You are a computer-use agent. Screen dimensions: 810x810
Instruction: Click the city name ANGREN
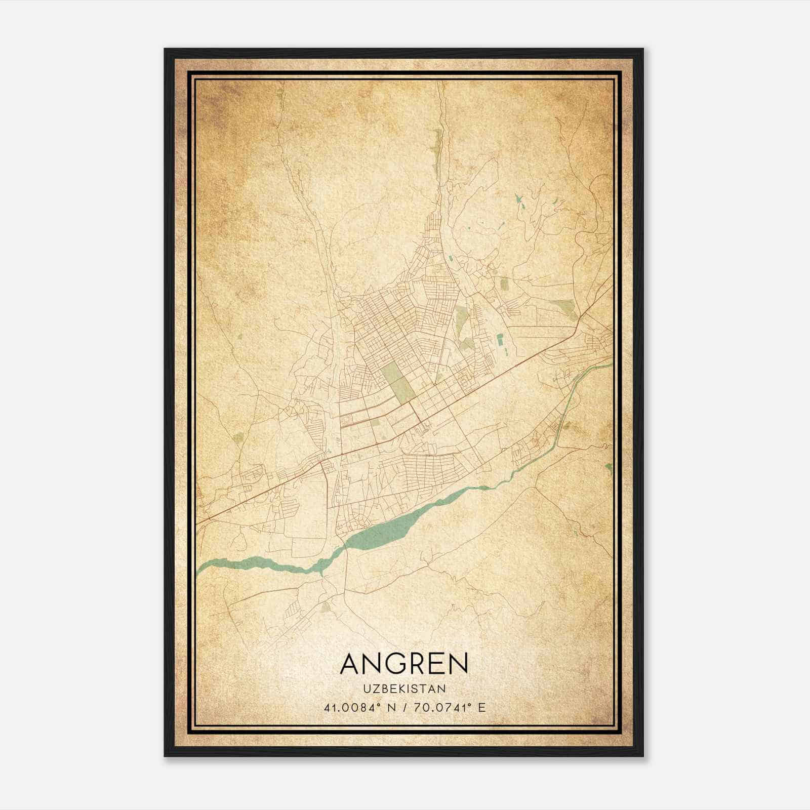404,663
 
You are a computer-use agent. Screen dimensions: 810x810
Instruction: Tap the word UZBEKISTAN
404,688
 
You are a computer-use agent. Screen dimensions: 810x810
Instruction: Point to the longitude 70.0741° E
448,707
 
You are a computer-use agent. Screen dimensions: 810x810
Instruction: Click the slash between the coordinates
403,707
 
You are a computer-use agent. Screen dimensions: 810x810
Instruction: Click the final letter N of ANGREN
458,663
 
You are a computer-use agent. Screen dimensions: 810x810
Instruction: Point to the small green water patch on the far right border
610,468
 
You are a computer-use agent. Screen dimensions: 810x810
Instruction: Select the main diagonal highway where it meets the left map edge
198,522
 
